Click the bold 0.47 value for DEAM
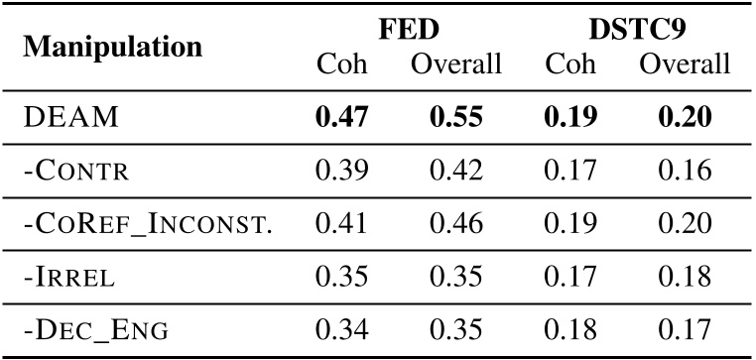pyautogui.click(x=341, y=118)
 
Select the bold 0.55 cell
pyautogui.click(x=455, y=118)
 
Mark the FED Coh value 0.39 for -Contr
pyautogui.click(x=341, y=171)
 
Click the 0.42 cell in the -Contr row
pyautogui.click(x=455, y=171)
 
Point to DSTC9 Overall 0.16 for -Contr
pyautogui.click(x=685, y=171)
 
